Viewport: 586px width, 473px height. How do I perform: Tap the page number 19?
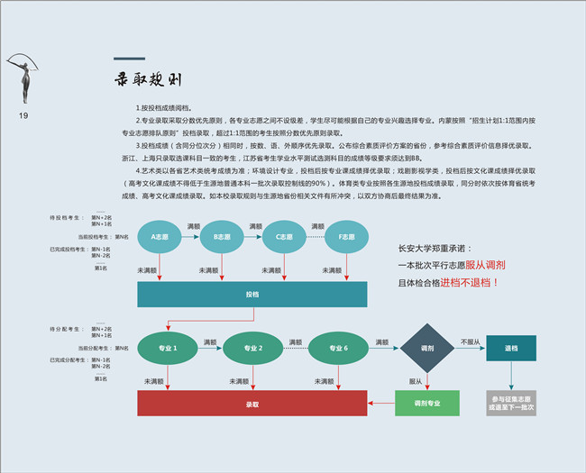pyautogui.click(x=23, y=116)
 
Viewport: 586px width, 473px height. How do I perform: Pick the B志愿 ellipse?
pyautogui.click(x=222, y=238)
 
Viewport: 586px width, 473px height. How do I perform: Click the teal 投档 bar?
pyautogui.click(x=252, y=295)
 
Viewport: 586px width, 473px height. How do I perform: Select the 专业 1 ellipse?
pyautogui.click(x=168, y=348)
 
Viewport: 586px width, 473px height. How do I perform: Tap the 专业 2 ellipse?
pyautogui.click(x=253, y=348)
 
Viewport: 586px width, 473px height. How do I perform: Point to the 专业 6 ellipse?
pyautogui.click(x=339, y=348)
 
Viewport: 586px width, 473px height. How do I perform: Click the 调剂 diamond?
pyautogui.click(x=427, y=348)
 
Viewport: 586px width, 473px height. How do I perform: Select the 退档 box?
pyautogui.click(x=511, y=348)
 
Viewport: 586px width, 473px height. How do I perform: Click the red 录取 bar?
pyautogui.click(x=252, y=404)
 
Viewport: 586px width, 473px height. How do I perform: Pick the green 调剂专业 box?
pyautogui.click(x=427, y=404)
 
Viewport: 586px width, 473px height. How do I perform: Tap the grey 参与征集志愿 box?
pyautogui.click(x=511, y=404)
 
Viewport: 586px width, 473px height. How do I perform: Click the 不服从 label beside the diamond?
pyautogui.click(x=470, y=342)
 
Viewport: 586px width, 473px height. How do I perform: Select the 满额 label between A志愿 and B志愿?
pyautogui.click(x=193, y=225)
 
